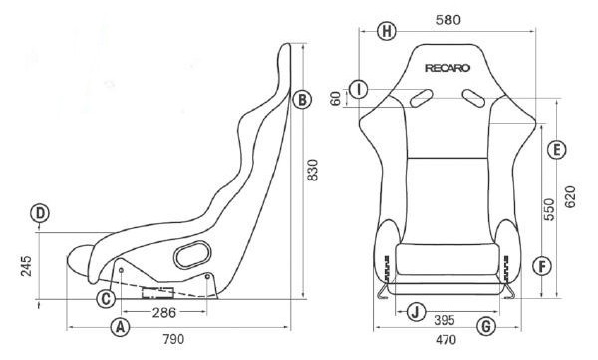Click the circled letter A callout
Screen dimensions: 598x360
point(120,327)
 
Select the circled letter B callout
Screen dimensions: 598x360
point(302,100)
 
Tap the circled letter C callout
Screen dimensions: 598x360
point(106,298)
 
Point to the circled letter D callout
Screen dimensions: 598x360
point(40,213)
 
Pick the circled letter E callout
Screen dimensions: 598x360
point(556,149)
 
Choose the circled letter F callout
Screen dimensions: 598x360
point(542,266)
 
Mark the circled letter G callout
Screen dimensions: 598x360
point(486,326)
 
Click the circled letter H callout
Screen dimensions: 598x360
point(387,31)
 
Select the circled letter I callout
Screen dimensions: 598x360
point(359,89)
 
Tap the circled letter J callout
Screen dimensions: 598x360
point(416,312)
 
